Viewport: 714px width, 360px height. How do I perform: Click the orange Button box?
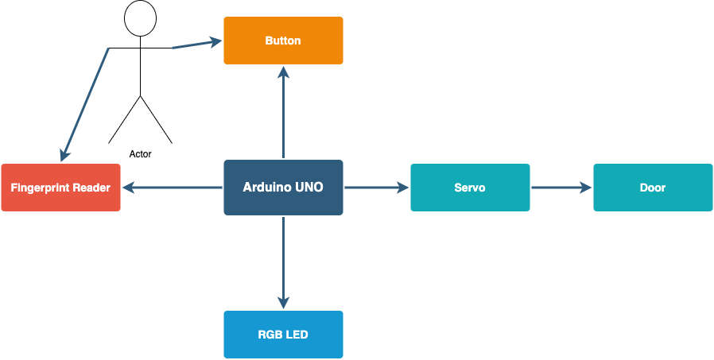(283, 41)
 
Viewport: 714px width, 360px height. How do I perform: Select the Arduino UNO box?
(283, 187)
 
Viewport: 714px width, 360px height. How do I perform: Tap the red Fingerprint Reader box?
(60, 188)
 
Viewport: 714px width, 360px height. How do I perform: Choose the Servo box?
(470, 188)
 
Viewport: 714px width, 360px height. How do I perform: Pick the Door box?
(653, 188)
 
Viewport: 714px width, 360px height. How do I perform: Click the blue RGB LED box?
(283, 335)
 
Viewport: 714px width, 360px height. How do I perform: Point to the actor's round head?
(140, 18)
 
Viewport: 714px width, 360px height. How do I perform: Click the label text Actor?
(140, 154)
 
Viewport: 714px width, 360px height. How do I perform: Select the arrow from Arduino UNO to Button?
(284, 112)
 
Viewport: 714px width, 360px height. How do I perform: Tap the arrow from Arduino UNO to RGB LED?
(284, 262)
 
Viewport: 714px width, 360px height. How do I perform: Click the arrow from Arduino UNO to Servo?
(377, 187)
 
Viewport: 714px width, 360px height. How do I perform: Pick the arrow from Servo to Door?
(561, 187)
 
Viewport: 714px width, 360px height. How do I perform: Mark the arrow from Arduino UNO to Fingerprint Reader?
(172, 187)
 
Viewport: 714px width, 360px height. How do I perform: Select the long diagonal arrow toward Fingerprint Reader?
(85, 105)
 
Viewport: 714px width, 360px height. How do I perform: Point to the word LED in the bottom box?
(298, 335)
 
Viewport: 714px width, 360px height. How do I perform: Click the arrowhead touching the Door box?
(585, 187)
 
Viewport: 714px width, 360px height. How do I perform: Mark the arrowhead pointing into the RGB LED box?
(284, 303)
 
